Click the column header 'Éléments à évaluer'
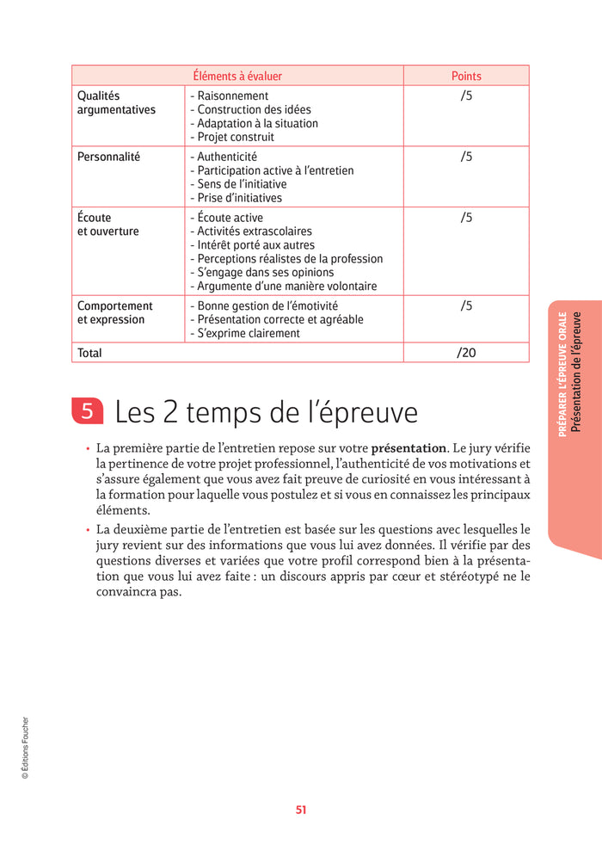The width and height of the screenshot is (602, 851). click(x=237, y=76)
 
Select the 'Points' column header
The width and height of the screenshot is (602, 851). click(x=466, y=76)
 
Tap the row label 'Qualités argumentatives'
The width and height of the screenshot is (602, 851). click(x=116, y=103)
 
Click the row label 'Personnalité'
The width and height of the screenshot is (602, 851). click(x=108, y=157)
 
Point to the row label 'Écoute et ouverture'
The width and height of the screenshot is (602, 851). click(x=107, y=225)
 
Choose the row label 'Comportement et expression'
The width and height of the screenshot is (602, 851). click(x=114, y=312)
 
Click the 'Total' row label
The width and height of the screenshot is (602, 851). click(x=89, y=353)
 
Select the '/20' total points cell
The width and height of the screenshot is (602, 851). click(x=466, y=353)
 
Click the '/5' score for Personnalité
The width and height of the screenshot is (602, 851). click(x=466, y=157)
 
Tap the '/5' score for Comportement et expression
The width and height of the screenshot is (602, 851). click(x=466, y=306)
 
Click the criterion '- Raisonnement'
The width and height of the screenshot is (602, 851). click(x=229, y=96)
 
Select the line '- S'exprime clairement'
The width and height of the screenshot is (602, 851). click(x=245, y=334)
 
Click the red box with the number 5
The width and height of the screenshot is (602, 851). click(x=87, y=411)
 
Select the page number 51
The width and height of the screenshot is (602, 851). click(x=301, y=810)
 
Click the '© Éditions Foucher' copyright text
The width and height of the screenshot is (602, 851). click(x=25, y=748)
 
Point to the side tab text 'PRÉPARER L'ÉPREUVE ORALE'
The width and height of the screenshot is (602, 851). click(x=562, y=374)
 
